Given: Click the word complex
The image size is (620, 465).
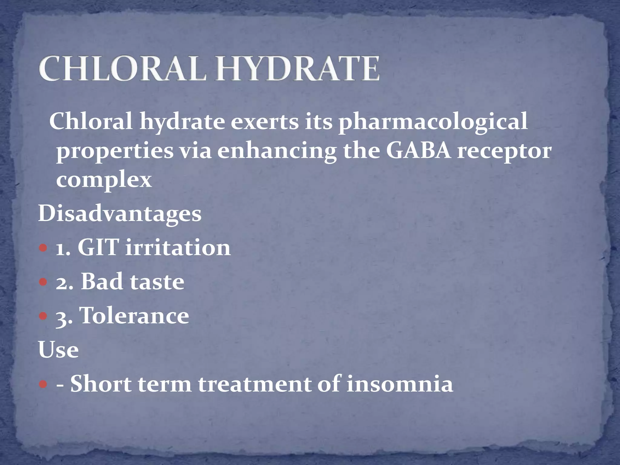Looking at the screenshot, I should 104,181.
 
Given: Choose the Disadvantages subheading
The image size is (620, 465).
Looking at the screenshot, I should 120,214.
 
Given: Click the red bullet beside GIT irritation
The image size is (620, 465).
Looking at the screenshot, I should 44,249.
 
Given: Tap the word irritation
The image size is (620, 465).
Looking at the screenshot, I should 178,248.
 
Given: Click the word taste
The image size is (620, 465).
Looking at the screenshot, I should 157,282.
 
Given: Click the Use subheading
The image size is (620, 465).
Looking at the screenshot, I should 58,350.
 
